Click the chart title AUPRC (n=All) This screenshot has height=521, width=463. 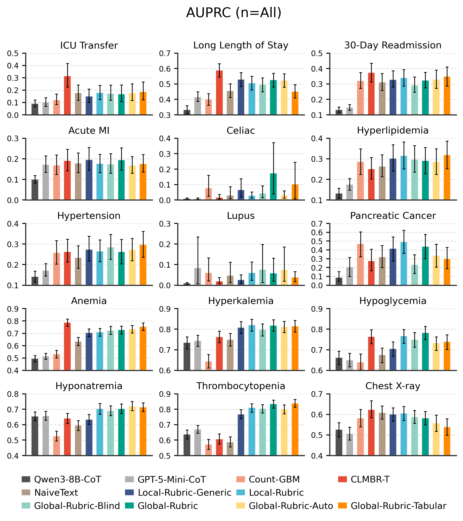(233, 13)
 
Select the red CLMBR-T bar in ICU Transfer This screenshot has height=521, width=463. (67, 96)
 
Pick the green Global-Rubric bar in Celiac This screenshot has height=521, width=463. (273, 187)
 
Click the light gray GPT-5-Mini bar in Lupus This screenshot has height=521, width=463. (198, 277)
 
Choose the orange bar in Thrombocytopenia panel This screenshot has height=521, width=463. (295, 429)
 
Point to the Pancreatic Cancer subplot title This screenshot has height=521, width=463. (393, 216)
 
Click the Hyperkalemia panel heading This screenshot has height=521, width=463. (241, 301)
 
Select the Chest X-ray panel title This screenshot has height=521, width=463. (393, 386)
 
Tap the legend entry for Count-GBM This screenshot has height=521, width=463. (274, 479)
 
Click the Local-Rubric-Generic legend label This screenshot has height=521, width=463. (184, 493)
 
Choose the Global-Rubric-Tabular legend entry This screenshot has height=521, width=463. (398, 506)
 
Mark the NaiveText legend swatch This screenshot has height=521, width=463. (26, 493)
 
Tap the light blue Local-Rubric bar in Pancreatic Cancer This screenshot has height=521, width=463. (404, 264)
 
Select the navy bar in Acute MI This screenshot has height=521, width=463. (89, 180)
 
